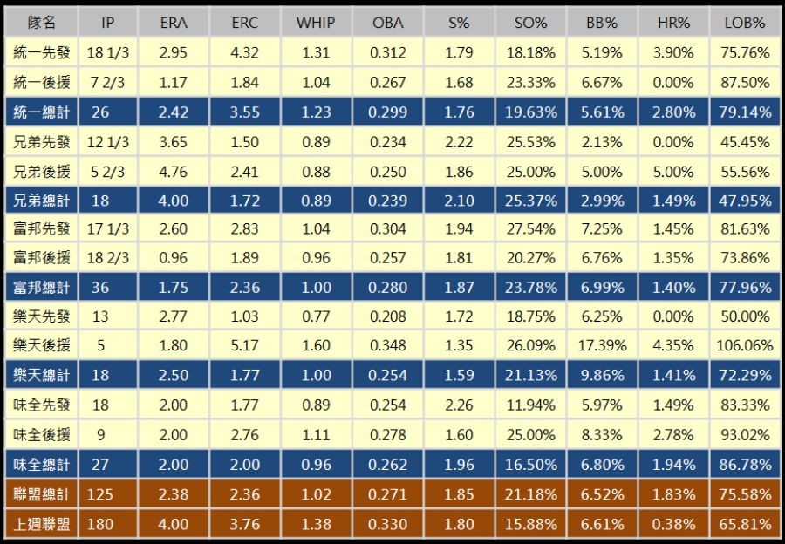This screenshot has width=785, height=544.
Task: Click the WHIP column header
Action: [x=316, y=24]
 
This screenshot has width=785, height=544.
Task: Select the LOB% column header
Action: [x=743, y=24]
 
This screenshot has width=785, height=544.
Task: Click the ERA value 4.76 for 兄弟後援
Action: [x=174, y=171]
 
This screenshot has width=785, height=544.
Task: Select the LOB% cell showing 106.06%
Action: [x=744, y=346]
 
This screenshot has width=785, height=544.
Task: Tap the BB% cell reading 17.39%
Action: [x=602, y=346]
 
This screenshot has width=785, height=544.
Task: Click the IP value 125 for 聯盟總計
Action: [x=101, y=494]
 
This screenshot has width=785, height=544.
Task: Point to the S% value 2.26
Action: [x=459, y=405]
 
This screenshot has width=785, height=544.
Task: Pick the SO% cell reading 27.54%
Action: [x=530, y=229]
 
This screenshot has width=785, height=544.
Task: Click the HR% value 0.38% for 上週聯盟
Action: [x=673, y=524]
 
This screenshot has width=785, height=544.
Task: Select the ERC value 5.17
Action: [x=245, y=346]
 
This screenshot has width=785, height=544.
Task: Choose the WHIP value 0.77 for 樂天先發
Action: [x=316, y=316]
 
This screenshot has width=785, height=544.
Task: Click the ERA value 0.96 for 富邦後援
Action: [x=174, y=258]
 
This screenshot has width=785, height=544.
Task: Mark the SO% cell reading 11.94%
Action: [x=530, y=405]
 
